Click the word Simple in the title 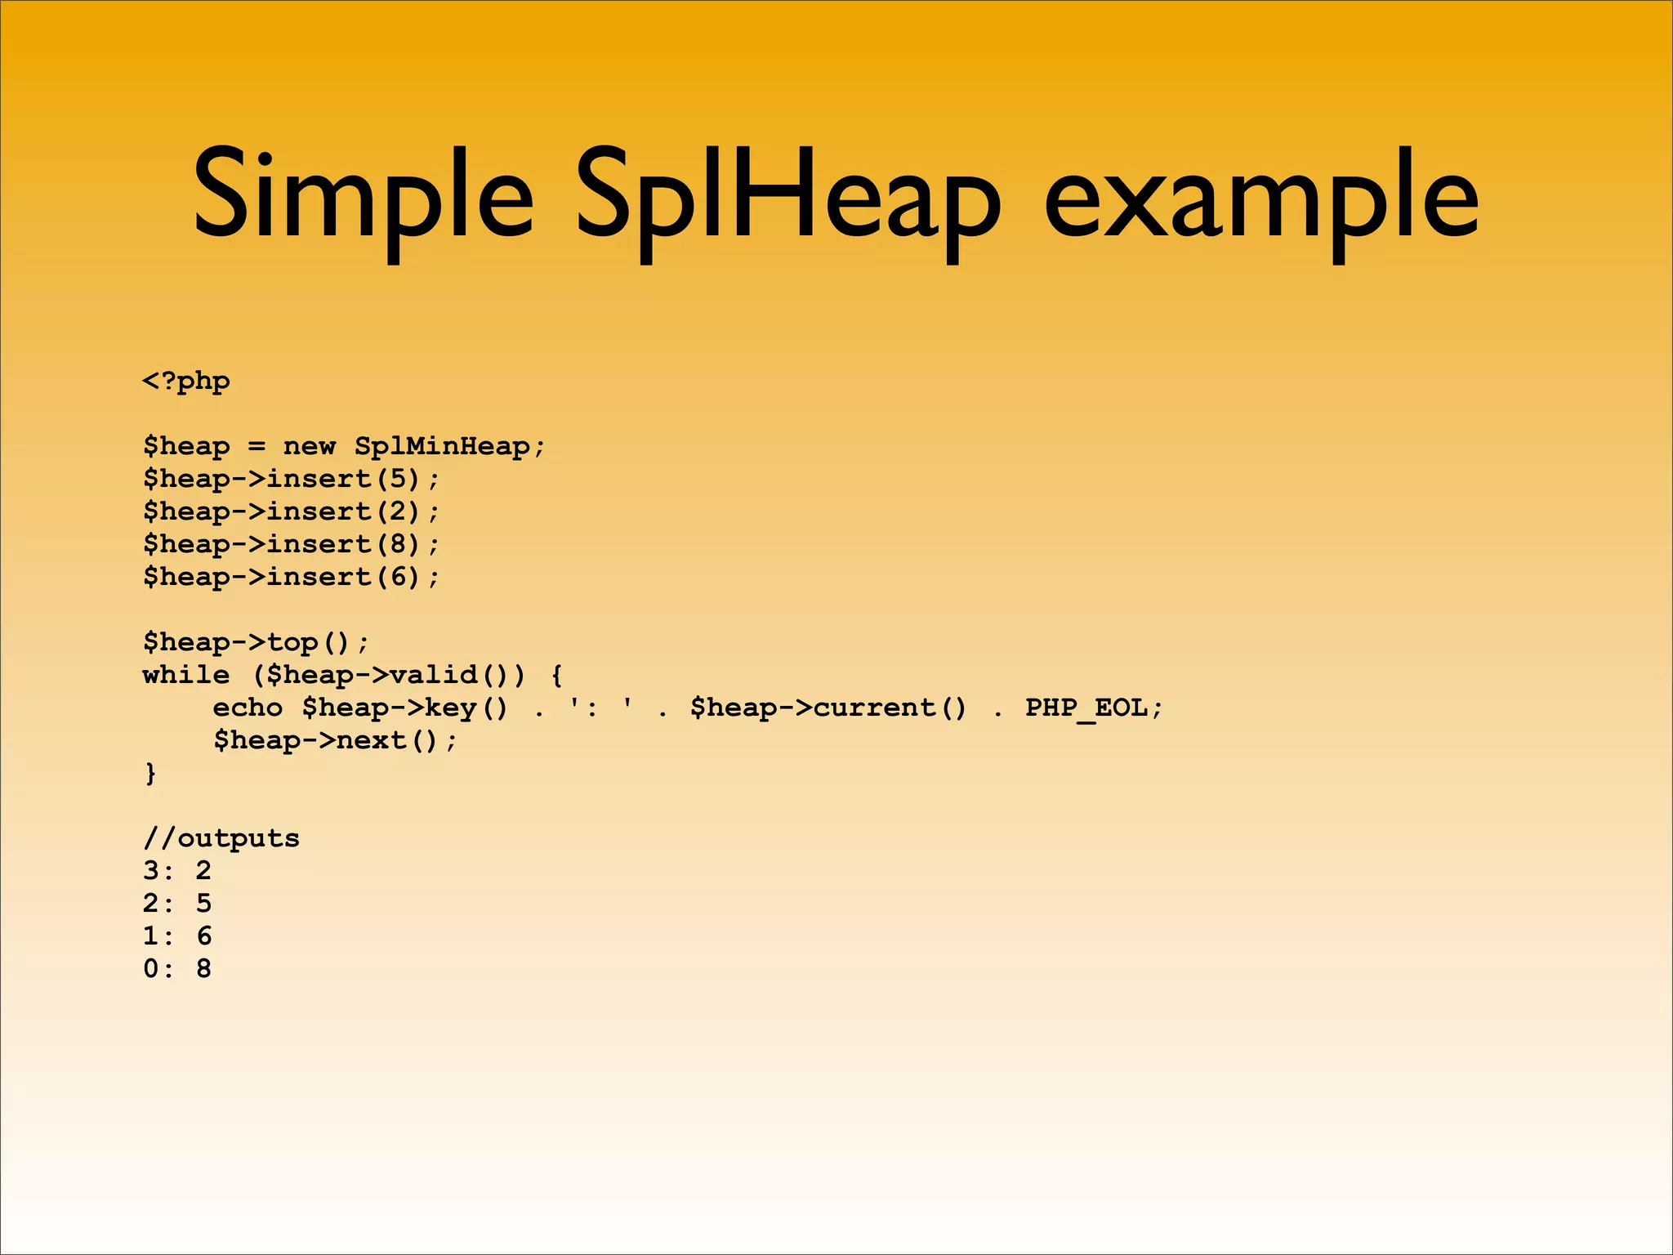pyautogui.click(x=363, y=196)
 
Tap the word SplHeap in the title pyautogui.click(x=787, y=196)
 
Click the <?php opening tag pyautogui.click(x=186, y=382)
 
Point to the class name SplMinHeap pyautogui.click(x=442, y=446)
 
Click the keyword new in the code pyautogui.click(x=309, y=446)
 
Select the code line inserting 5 pyautogui.click(x=291, y=479)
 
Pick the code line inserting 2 pyautogui.click(x=291, y=511)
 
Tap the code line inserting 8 pyautogui.click(x=291, y=544)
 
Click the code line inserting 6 pyautogui.click(x=291, y=577)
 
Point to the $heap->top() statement pyautogui.click(x=256, y=642)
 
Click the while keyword pyautogui.click(x=186, y=675)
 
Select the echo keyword pyautogui.click(x=248, y=708)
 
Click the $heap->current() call pyautogui.click(x=828, y=708)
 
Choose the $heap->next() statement pyautogui.click(x=335, y=740)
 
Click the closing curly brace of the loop pyautogui.click(x=150, y=772)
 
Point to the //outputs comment pyautogui.click(x=221, y=838)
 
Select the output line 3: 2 pyautogui.click(x=177, y=871)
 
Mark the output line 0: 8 pyautogui.click(x=177, y=969)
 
